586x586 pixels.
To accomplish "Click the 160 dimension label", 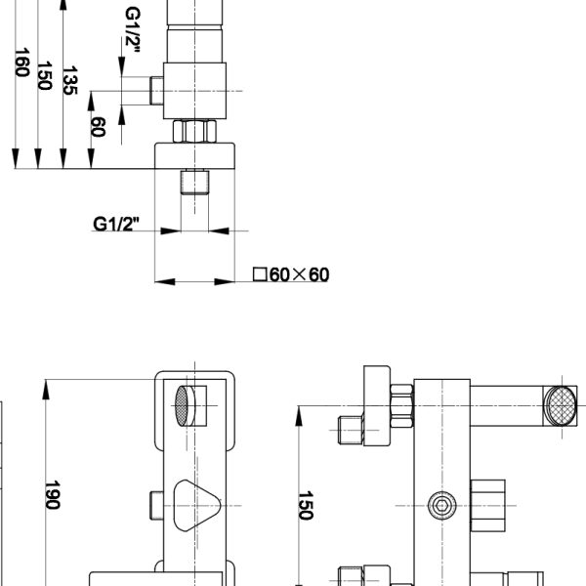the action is tap(21, 63).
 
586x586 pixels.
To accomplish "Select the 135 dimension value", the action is tap(70, 80).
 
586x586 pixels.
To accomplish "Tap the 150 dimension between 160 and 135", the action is tap(45, 75).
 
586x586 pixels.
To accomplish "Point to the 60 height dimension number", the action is tap(98, 127).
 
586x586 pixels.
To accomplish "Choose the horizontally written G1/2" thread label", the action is tap(116, 224).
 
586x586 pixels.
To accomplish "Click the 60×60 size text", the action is tap(299, 274).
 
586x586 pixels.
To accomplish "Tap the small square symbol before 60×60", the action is tap(260, 273).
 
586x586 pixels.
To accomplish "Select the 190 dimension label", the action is tap(53, 495).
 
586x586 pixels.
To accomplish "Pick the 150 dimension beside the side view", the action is tap(306, 505).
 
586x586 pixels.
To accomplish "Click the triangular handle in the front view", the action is tap(197, 506).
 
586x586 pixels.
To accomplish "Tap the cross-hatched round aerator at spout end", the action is tap(560, 406).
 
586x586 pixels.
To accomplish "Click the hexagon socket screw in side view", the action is tap(442, 506).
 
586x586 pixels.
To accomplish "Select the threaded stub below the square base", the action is tap(194, 182).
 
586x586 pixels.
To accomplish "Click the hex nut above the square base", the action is tap(194, 131).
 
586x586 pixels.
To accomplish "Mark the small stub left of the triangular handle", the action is tap(156, 506).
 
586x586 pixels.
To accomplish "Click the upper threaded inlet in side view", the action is tap(351, 430).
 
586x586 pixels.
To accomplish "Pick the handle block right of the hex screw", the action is tap(487, 506).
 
